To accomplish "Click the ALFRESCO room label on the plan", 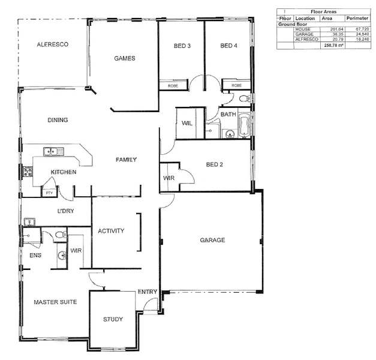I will coord(52,44).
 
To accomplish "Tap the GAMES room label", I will coord(124,58).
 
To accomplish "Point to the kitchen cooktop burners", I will coord(28,172).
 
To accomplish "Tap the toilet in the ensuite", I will coord(59,234).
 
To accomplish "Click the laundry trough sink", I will coord(29,222).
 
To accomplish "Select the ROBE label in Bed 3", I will coord(173,86).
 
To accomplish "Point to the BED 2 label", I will coord(215,164).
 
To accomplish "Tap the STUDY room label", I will coord(113,319).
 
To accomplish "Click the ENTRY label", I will coord(148,292).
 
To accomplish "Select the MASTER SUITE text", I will coord(55,302).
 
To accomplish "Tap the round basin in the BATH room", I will coord(229,134).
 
